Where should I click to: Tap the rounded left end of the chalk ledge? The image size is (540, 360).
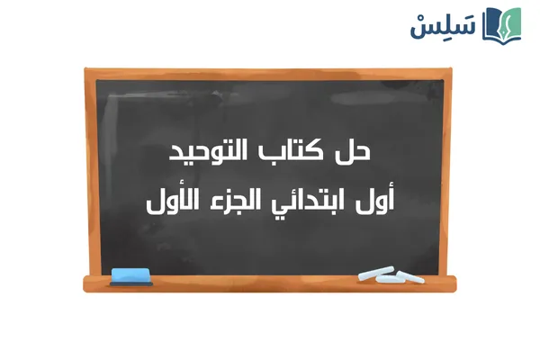coord(86,283)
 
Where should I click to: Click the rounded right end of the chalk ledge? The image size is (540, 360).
coord(454,283)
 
